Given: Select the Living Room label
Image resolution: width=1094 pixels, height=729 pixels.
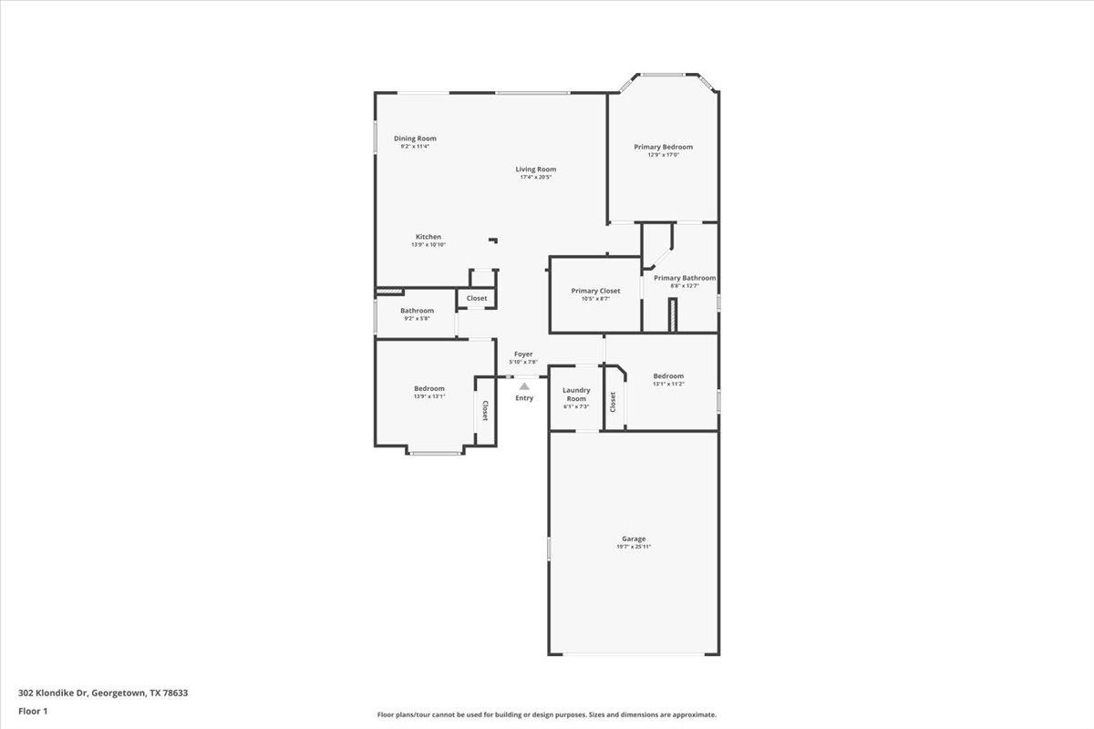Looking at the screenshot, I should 535,169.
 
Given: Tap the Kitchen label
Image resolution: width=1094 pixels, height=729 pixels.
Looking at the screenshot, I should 428,237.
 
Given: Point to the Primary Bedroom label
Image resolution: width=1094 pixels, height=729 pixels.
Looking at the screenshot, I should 663,147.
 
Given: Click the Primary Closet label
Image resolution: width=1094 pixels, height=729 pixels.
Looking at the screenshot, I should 595,291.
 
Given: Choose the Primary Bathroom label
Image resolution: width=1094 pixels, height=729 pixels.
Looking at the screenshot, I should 685,278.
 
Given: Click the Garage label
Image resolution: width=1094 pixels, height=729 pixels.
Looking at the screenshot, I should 634,539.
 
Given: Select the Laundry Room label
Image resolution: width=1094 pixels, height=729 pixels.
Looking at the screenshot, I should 575,395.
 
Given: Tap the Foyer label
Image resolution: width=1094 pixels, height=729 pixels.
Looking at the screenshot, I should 523,354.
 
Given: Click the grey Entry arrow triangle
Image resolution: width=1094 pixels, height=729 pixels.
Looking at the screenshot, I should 524,386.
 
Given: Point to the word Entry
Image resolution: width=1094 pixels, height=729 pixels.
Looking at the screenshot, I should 524,398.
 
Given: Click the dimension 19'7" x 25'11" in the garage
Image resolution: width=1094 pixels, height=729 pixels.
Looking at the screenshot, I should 634,547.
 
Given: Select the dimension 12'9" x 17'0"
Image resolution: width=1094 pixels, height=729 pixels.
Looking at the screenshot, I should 663,155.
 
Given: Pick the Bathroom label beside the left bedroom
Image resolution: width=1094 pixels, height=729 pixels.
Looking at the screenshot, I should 417,311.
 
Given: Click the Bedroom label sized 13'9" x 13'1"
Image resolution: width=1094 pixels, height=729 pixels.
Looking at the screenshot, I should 429,388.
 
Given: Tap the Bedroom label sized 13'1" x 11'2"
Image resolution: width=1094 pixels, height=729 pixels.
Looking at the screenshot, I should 668,376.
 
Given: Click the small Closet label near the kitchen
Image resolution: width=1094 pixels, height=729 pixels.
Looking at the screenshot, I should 477,298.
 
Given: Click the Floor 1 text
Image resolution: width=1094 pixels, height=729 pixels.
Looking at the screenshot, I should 33,710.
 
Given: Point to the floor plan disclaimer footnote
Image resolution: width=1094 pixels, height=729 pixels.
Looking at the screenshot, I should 547,715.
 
